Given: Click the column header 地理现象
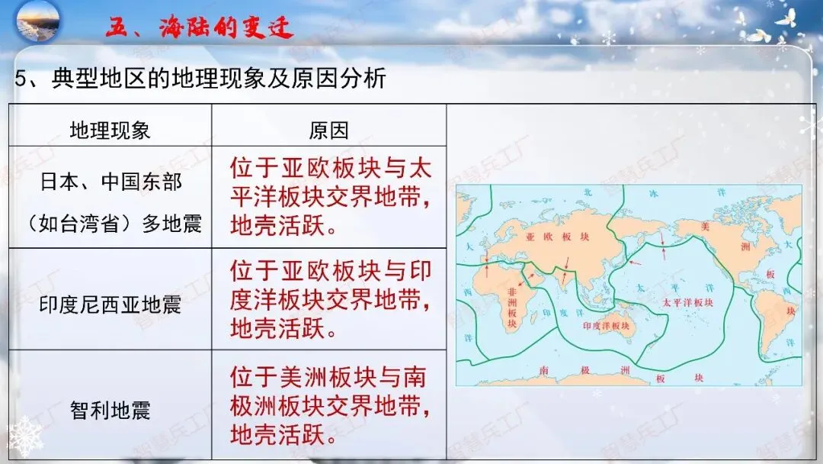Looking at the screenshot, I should tap(110, 130).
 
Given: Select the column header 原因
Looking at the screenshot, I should tap(328, 130).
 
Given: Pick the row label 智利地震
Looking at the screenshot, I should tap(110, 411).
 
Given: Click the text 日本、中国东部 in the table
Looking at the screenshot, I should tap(111, 183).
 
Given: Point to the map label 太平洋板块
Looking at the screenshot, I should tap(687, 302).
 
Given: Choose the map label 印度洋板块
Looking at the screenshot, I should tap(607, 326).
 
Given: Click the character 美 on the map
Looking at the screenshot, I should tap(703, 227).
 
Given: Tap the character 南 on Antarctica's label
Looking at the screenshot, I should tap(543, 370).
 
